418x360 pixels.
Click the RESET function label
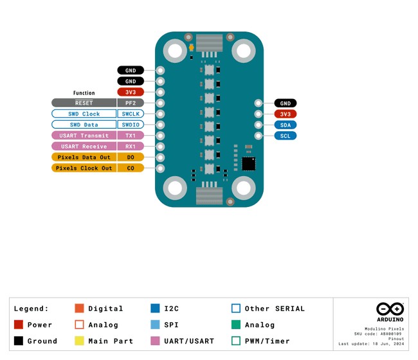coord(84,103)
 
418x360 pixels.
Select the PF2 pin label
coord(131,103)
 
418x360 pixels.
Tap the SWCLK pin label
coord(131,114)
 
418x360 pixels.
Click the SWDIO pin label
coord(131,125)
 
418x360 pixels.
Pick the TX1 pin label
coord(131,136)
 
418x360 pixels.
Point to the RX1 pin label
coord(131,147)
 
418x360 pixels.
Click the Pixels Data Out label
coord(84,157)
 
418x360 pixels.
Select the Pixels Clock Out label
coord(84,168)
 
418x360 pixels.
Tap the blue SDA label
coord(286,125)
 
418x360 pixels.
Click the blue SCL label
coord(286,136)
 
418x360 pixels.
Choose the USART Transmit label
coord(84,136)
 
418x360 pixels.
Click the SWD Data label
coord(84,125)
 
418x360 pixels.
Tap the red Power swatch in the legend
coord(18,325)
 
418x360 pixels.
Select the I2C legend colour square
coord(155,309)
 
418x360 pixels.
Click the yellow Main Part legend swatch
coord(80,341)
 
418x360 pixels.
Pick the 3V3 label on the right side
coord(286,114)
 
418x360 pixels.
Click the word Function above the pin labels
coord(84,93)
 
